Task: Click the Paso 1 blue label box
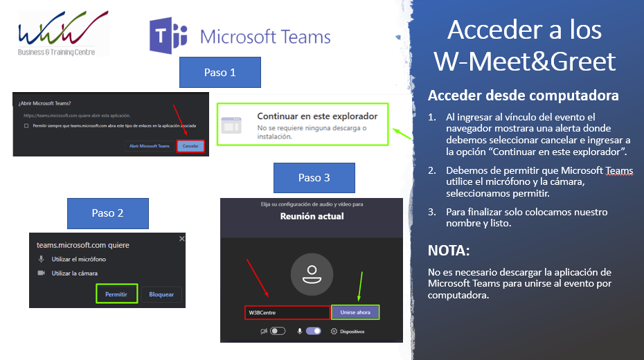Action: [x=220, y=72]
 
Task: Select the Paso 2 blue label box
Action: [x=107, y=213]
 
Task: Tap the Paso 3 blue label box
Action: [x=314, y=178]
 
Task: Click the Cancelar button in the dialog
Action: [x=190, y=146]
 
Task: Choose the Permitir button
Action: [x=116, y=294]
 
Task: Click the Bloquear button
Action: [x=161, y=294]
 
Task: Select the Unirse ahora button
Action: [x=355, y=312]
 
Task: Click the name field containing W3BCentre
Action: [x=287, y=313]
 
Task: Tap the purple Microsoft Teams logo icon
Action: [x=169, y=36]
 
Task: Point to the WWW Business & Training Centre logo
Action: [x=62, y=32]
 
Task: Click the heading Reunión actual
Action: [x=311, y=216]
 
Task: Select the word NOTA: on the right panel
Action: [x=449, y=250]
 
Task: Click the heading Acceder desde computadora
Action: [x=523, y=96]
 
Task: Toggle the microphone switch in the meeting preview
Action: [x=313, y=331]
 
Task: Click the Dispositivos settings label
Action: [x=351, y=332]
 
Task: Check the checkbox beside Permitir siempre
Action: [x=26, y=126]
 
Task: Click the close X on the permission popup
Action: [x=181, y=238]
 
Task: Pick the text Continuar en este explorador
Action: [x=317, y=116]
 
